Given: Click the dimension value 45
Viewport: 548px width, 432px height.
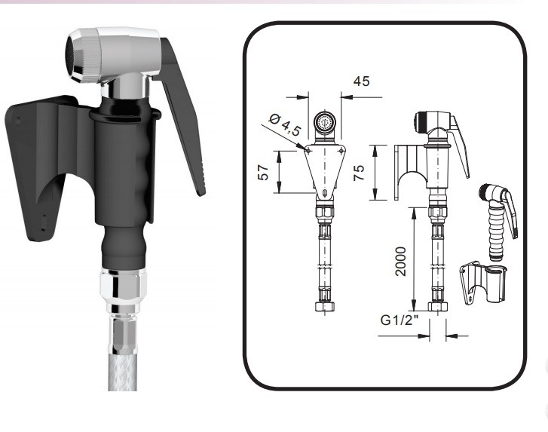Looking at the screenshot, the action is click(361, 81).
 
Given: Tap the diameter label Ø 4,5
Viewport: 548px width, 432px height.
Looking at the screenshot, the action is click(285, 124).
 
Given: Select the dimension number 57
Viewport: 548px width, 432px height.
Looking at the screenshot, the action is click(264, 173).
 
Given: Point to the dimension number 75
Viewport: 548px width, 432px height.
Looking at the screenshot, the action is click(359, 173).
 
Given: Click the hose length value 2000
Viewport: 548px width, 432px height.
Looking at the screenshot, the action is click(400, 262).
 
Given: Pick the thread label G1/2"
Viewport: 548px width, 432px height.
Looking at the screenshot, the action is click(399, 320).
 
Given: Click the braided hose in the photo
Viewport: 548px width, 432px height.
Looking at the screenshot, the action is click(121, 370).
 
